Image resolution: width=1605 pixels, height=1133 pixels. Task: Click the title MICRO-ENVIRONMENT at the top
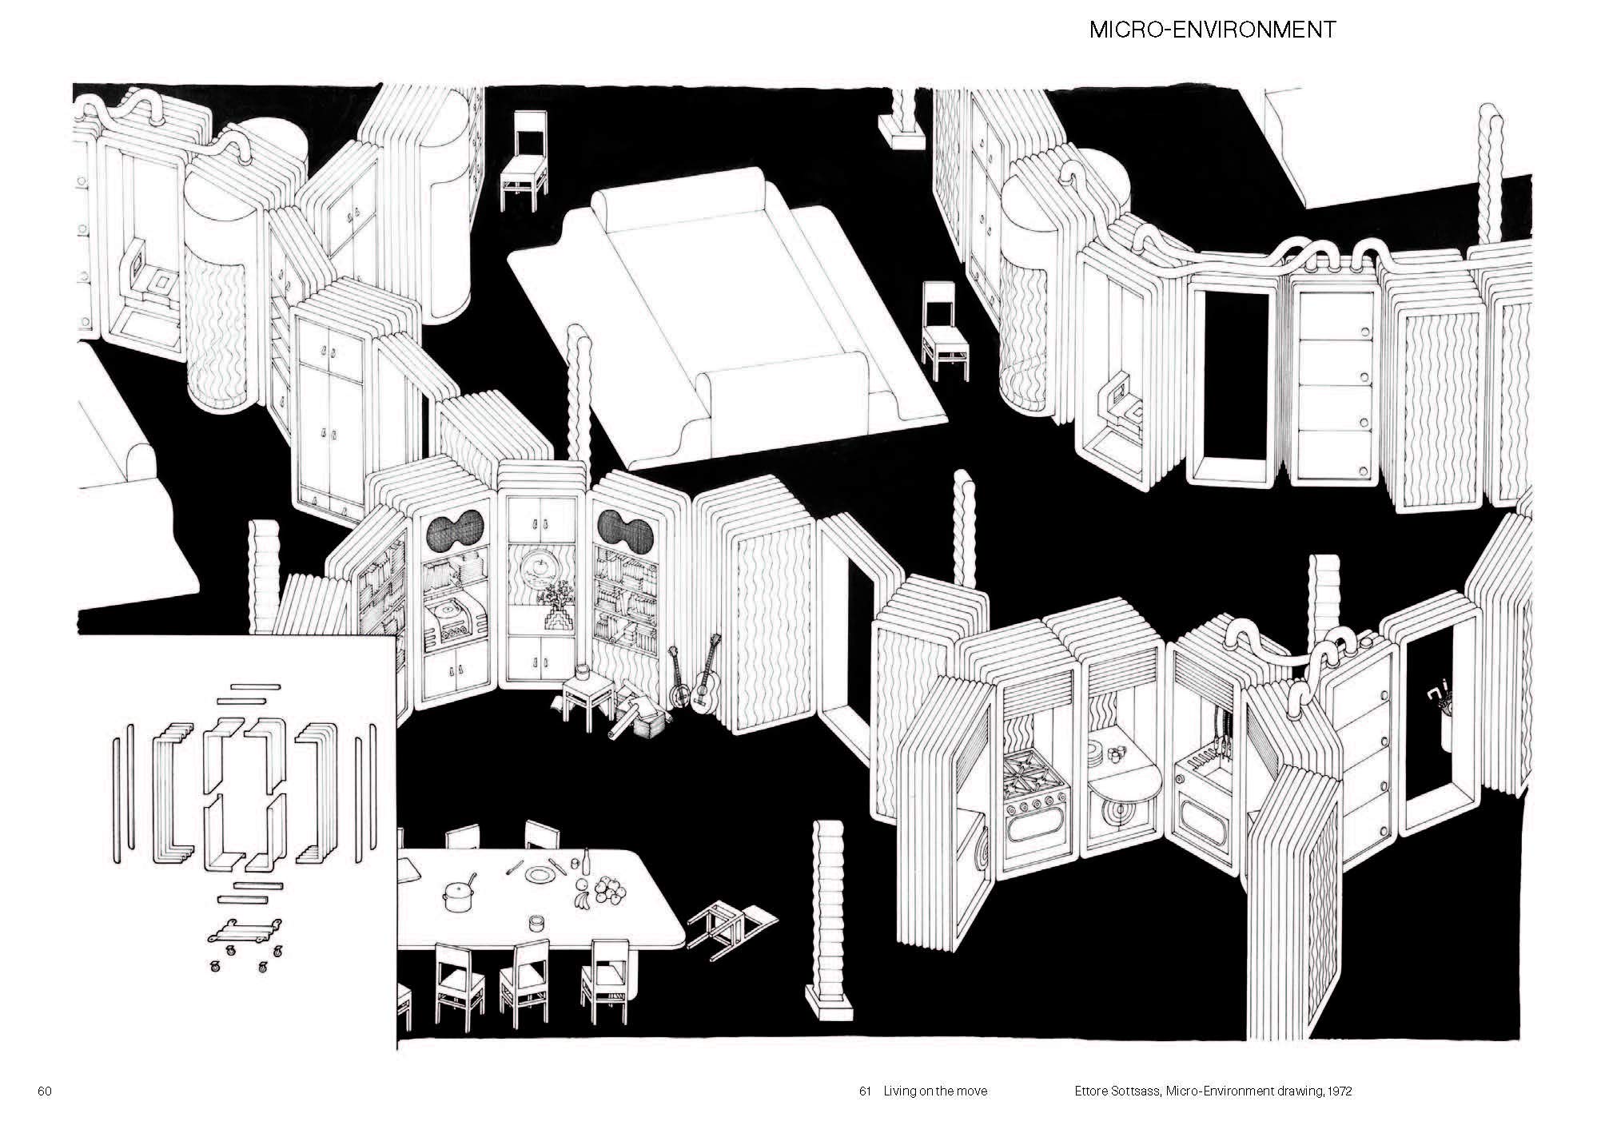[1213, 30]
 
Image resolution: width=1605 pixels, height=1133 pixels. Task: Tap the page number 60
[44, 1091]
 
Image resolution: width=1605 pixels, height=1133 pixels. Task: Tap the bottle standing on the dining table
[587, 864]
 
